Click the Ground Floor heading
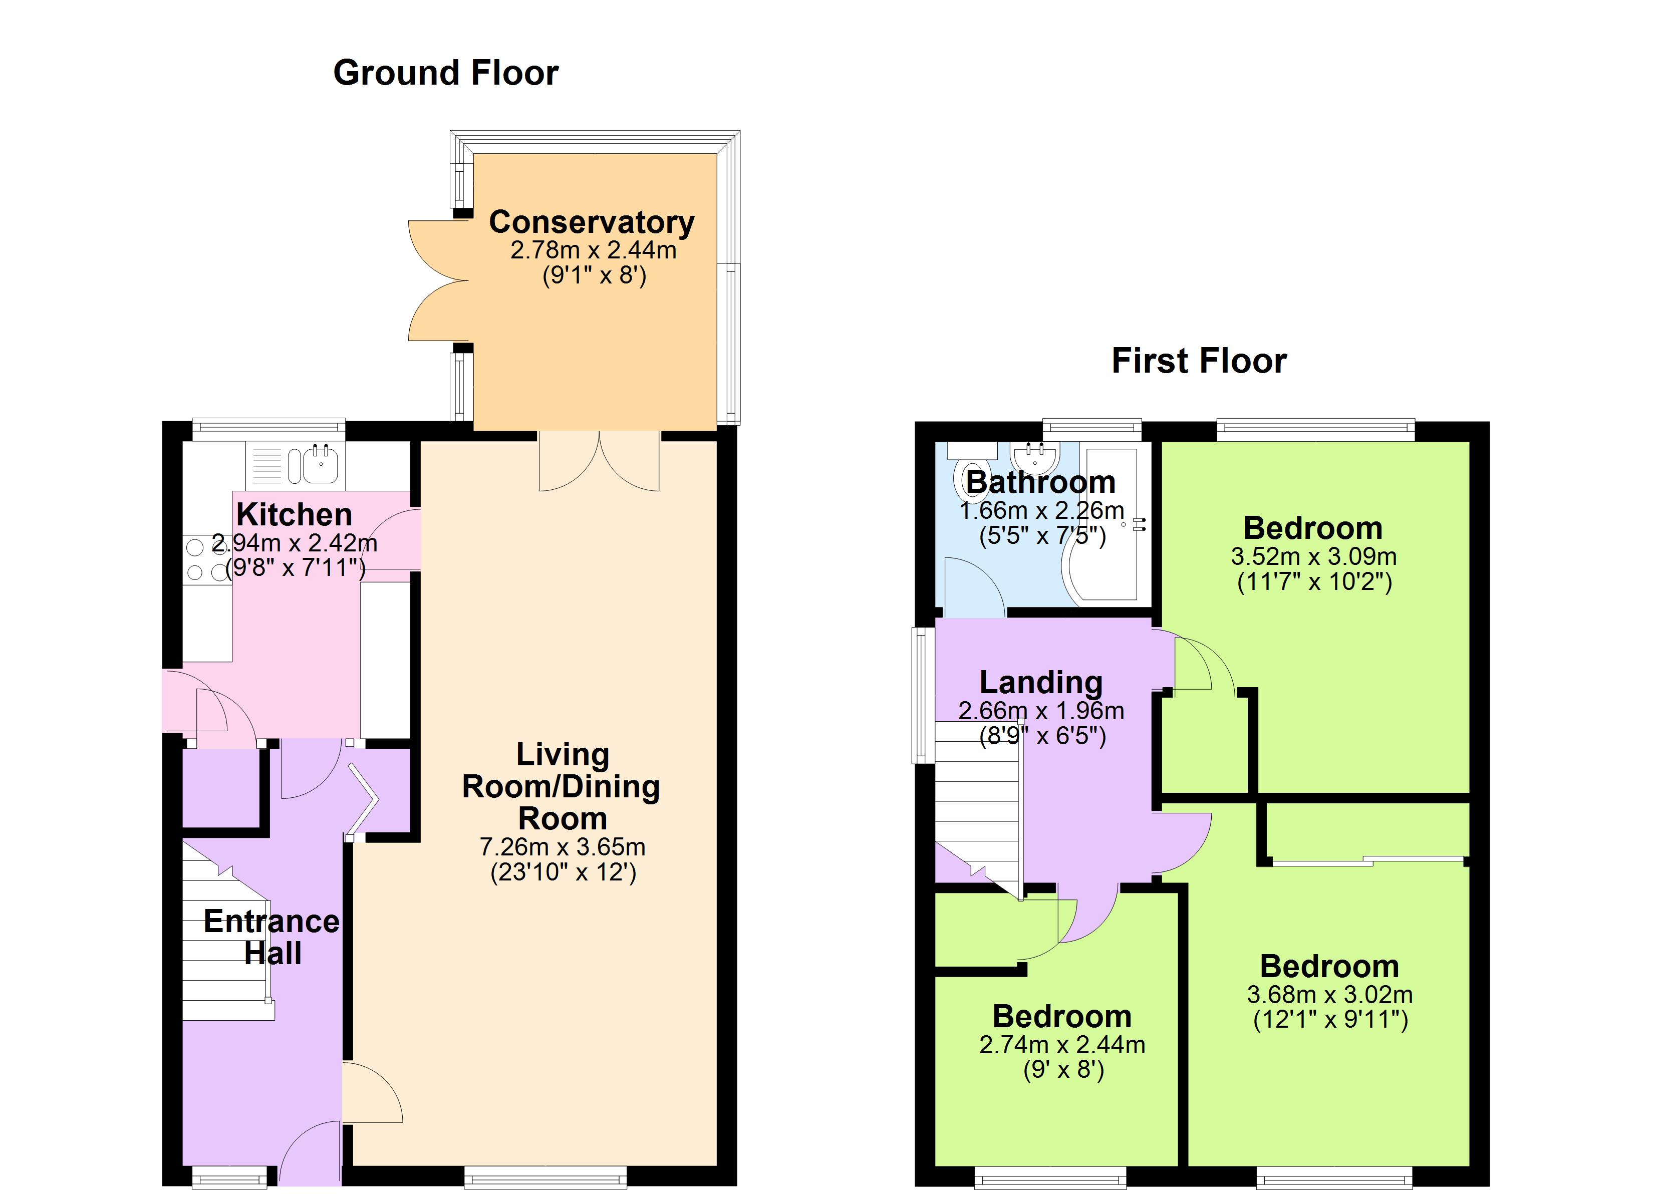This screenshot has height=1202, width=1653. click(445, 73)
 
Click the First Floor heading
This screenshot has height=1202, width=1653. click(1199, 361)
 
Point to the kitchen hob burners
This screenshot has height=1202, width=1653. click(206, 559)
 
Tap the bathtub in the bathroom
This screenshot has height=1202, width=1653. click(1112, 525)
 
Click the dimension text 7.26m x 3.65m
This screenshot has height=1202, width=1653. click(562, 847)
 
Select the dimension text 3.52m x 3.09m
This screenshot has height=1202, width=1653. click(1313, 557)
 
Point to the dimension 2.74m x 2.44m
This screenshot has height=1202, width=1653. click(1062, 1045)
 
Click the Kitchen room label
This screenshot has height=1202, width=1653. click(295, 515)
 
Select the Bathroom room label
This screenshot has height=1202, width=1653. click(1041, 482)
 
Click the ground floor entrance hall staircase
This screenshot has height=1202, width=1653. click(226, 941)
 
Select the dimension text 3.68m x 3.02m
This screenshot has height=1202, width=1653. click(1329, 995)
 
